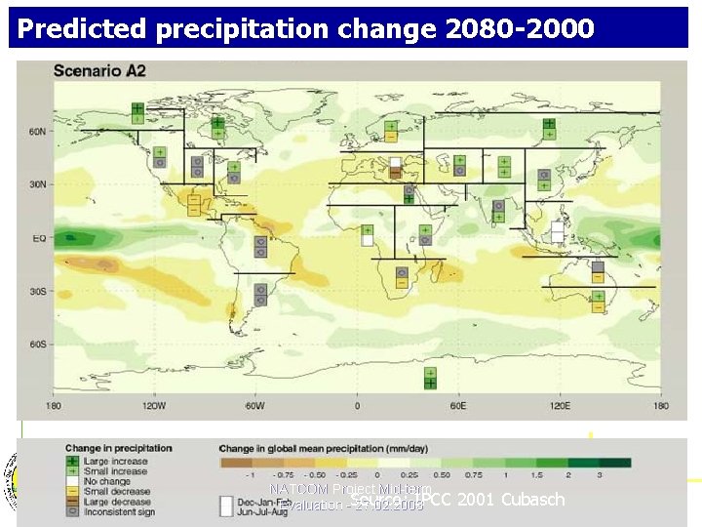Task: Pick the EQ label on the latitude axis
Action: tap(37, 238)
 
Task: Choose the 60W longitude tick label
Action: tap(254, 406)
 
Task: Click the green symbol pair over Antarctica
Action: tap(430, 378)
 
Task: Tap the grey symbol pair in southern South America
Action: tap(260, 294)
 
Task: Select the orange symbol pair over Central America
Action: tap(194, 204)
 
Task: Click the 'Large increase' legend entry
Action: tap(115, 462)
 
